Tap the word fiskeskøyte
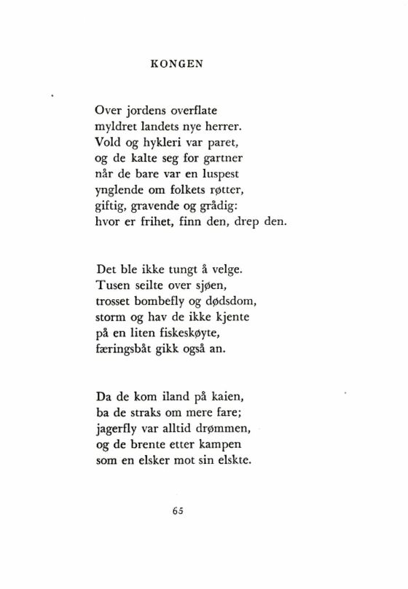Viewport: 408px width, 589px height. [189, 331]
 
